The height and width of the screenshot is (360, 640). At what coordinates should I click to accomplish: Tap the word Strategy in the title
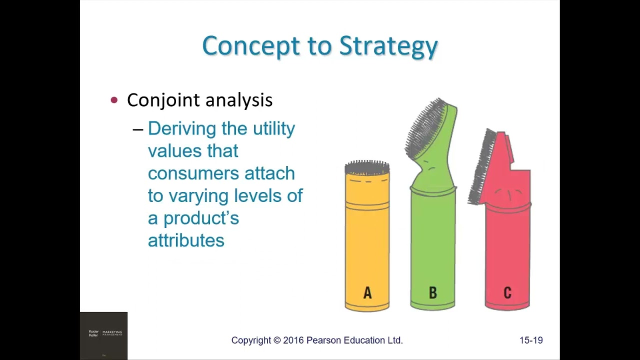pyautogui.click(x=388, y=46)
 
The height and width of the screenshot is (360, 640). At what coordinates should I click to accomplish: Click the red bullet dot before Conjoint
pyautogui.click(x=114, y=100)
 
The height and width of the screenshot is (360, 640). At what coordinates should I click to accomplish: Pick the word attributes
pyautogui.click(x=186, y=240)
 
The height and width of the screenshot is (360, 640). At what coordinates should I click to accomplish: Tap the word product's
pyautogui.click(x=201, y=218)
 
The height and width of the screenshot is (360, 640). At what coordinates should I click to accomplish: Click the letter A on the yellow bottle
pyautogui.click(x=367, y=293)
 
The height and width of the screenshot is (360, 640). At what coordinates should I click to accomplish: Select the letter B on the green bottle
pyautogui.click(x=432, y=293)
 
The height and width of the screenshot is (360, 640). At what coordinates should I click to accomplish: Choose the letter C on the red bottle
pyautogui.click(x=507, y=293)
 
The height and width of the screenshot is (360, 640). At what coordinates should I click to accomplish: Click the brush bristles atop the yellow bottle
pyautogui.click(x=367, y=166)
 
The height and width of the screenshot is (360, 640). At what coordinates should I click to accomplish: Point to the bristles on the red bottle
pyautogui.click(x=481, y=167)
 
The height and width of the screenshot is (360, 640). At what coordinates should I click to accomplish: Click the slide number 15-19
pyautogui.click(x=531, y=340)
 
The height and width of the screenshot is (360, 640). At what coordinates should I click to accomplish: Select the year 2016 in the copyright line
pyautogui.click(x=293, y=340)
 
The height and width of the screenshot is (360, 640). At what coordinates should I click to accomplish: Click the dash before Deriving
pyautogui.click(x=138, y=129)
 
